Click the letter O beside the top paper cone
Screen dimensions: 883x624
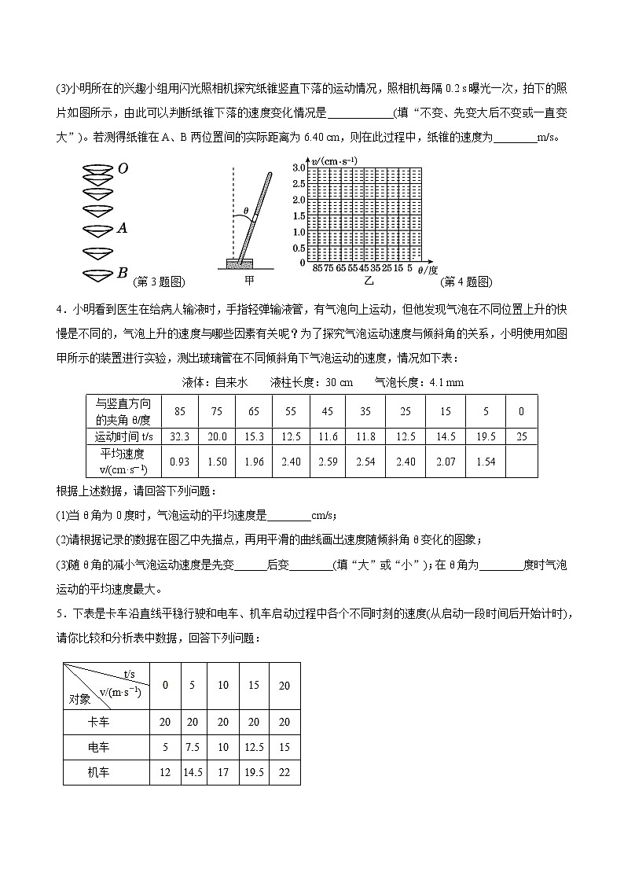[123, 168]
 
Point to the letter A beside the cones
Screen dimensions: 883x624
[122, 228]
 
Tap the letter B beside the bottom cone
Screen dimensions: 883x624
[122, 273]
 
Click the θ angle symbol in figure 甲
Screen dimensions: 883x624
[245, 211]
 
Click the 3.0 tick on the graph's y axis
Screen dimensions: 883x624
[299, 168]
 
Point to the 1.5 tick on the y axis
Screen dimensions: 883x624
[299, 215]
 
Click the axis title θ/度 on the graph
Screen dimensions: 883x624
[428, 270]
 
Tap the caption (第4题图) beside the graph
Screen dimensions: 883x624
[465, 281]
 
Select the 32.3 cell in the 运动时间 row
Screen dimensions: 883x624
[180, 436]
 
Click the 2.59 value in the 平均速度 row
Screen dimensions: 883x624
[329, 462]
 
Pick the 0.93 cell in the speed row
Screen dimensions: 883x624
[180, 462]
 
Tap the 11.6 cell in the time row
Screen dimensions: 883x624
[329, 436]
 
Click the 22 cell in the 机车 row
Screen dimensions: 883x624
[284, 772]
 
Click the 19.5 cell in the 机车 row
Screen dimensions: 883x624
[253, 772]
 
